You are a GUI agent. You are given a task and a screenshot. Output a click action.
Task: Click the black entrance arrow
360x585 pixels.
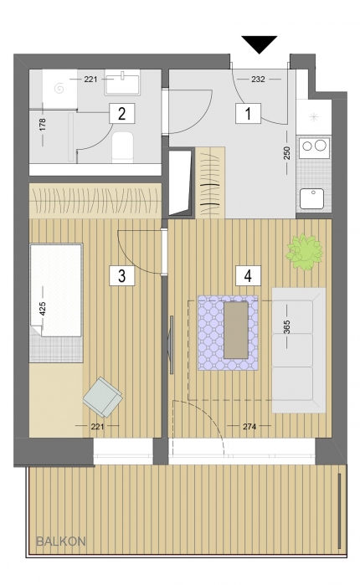260,44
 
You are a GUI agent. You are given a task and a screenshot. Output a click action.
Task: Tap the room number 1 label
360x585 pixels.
248,114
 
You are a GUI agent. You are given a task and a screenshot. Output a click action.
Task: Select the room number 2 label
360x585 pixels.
121,114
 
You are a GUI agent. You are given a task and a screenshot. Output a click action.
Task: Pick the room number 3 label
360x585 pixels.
121,276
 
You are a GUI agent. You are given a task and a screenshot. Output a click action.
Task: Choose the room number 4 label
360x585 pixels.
248,276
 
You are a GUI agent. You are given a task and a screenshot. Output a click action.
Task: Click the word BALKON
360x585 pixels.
61,541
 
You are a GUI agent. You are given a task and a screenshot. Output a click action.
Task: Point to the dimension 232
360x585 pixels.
258,80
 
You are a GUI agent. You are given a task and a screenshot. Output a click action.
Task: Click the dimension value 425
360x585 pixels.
42,309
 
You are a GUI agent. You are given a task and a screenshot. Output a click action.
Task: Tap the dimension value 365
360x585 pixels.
286,327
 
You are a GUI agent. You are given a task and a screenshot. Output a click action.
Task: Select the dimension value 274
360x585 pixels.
249,426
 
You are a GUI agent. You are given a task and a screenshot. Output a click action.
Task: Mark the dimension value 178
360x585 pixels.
42,124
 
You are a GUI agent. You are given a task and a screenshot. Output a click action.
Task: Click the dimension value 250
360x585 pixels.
286,152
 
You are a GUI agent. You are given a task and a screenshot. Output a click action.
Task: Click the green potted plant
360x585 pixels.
304,251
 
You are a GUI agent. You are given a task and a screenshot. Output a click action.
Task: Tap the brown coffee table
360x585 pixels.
236,331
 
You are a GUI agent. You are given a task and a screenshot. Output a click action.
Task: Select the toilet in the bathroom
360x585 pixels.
123,147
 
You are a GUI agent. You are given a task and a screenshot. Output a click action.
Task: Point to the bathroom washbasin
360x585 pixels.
122,83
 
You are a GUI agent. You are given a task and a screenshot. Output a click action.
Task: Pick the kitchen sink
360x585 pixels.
312,199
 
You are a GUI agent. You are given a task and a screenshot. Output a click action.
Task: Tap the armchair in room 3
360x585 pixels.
103,398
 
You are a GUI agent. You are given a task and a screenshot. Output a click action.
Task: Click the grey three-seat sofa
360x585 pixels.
298,350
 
